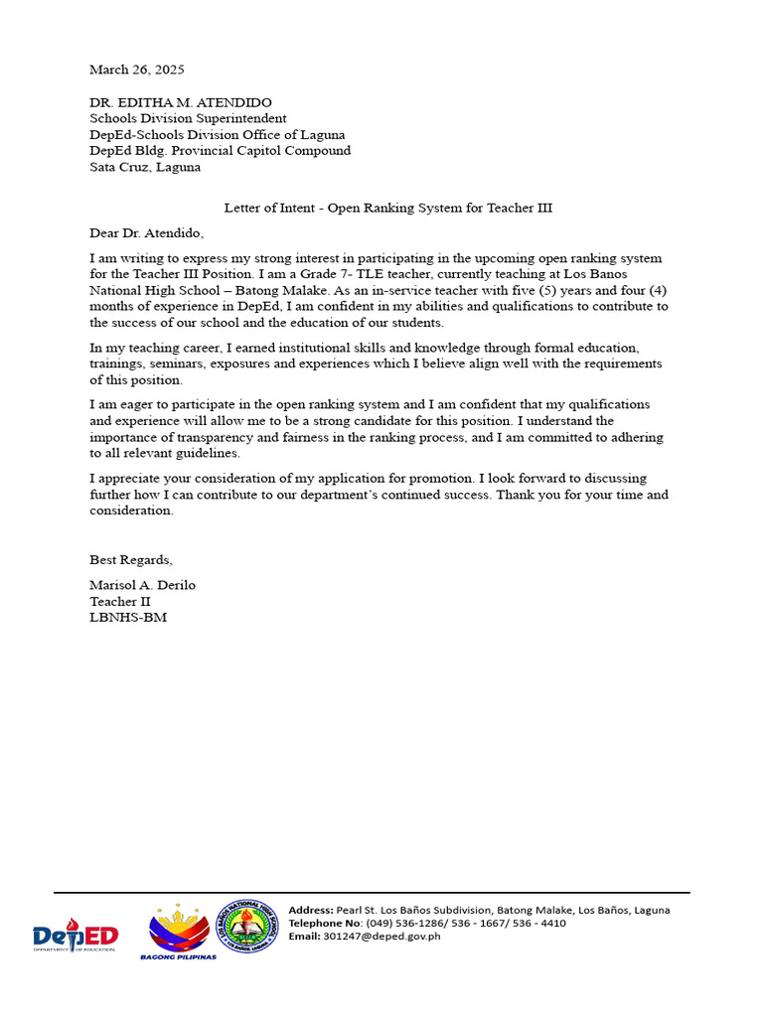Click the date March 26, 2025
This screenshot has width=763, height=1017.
137,70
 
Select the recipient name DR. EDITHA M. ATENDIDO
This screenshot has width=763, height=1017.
181,102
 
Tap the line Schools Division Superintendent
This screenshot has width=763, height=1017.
188,118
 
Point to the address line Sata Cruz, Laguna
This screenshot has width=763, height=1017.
145,167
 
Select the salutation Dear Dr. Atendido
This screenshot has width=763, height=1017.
146,232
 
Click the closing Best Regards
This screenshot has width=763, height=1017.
130,560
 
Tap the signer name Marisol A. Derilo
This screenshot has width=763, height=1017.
142,585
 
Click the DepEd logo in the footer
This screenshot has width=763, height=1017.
75,934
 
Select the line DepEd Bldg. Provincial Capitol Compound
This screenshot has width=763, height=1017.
220,151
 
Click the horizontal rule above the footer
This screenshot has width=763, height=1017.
371,893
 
